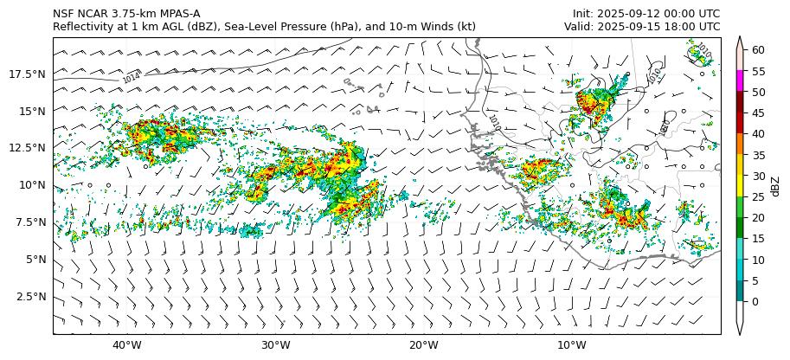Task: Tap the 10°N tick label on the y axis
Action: point(34,185)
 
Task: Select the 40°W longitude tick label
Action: point(127,346)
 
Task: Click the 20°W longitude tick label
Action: point(423,346)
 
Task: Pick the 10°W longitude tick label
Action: point(571,346)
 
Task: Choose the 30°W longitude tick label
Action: point(275,346)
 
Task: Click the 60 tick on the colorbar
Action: point(758,50)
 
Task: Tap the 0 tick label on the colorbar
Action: point(755,301)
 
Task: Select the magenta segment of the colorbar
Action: point(740,80)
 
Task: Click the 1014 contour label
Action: point(132,78)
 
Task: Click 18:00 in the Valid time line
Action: point(681,26)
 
